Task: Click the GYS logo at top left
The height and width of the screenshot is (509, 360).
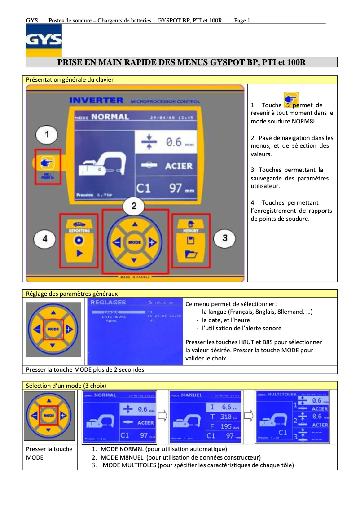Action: pos(44,40)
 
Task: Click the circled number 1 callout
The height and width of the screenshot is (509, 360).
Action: pos(47,134)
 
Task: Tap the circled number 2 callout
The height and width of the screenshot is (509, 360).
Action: pos(134,206)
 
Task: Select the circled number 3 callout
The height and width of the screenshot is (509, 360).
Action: pos(224,238)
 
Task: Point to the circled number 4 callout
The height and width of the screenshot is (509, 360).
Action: pos(45,238)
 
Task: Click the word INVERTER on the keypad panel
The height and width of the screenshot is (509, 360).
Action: pos(96,101)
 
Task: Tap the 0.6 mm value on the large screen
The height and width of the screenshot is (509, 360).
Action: pos(173,142)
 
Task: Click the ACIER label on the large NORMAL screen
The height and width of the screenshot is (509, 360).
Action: pos(178,166)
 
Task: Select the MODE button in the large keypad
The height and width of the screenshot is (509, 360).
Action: pos(134,242)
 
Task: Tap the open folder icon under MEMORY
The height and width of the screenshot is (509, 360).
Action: pos(191,254)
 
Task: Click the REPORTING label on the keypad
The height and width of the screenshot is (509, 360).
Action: pos(79,230)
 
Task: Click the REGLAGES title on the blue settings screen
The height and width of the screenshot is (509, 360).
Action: pos(108,303)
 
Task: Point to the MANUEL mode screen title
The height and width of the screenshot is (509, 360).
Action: pos(192,395)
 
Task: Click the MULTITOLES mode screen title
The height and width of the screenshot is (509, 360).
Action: pos(281,394)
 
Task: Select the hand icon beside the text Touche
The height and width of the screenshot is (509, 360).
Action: pos(291,99)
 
